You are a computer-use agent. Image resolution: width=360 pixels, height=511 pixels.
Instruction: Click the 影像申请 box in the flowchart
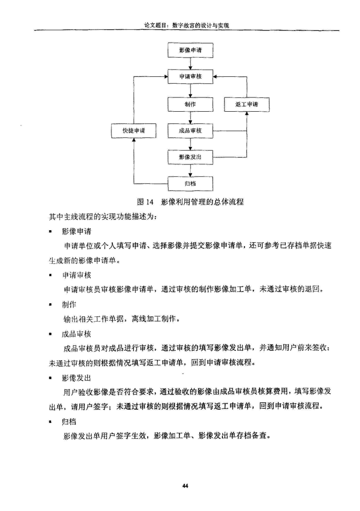tap(191, 50)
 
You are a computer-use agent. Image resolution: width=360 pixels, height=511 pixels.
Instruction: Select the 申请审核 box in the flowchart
tap(191, 76)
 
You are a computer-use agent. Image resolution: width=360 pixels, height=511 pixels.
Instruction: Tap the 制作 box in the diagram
tap(191, 104)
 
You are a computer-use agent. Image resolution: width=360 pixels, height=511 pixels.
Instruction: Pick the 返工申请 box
tap(247, 104)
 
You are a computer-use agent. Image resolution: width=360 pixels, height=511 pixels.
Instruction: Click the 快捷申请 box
tap(134, 131)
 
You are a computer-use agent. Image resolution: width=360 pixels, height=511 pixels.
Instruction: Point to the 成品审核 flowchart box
tap(191, 131)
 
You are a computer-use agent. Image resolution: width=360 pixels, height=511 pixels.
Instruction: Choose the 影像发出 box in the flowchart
tap(191, 157)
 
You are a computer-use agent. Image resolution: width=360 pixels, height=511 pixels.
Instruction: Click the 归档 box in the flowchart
tap(191, 184)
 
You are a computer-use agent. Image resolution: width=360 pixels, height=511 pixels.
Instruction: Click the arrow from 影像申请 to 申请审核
tap(191, 64)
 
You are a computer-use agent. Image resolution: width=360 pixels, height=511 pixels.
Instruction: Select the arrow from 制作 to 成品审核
tap(191, 118)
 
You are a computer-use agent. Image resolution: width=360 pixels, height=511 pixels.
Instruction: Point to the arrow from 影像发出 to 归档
tap(191, 170)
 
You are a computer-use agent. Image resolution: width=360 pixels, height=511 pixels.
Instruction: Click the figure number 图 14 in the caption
tap(145, 202)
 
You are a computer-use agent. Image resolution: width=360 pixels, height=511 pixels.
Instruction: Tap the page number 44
tap(185, 486)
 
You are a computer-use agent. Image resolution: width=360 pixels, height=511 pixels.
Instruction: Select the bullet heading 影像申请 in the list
tap(76, 231)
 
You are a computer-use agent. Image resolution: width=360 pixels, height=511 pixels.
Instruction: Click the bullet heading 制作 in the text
tap(69, 305)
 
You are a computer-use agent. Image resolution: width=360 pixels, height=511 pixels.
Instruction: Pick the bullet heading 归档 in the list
tap(69, 422)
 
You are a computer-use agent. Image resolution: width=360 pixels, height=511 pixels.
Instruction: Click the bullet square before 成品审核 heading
tap(51, 335)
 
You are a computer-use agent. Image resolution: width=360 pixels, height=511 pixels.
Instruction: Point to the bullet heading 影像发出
tap(76, 378)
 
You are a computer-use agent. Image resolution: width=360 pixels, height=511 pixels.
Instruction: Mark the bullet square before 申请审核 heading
tap(51, 276)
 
